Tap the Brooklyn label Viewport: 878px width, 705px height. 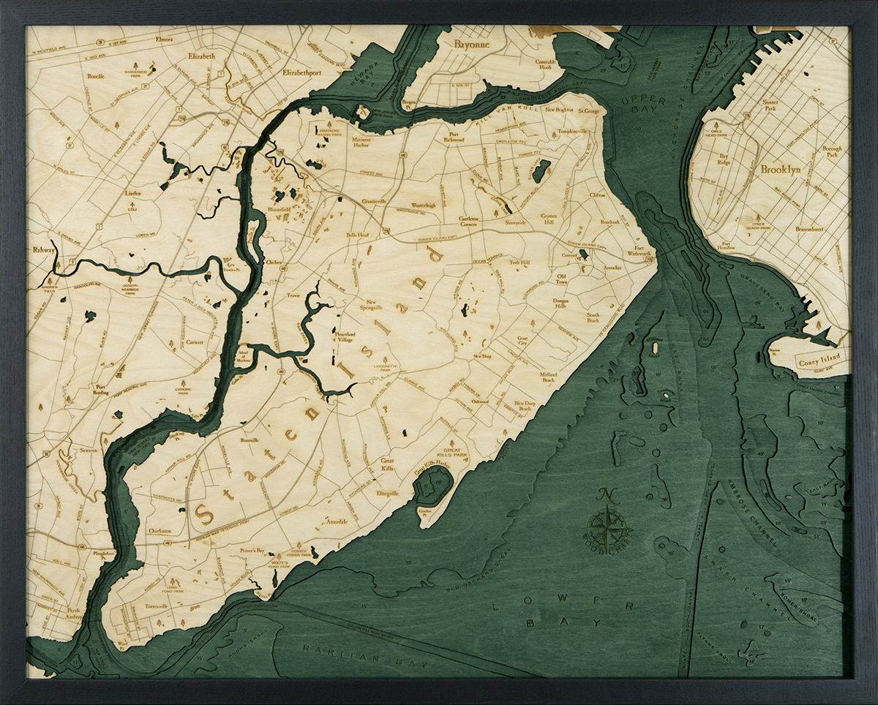tap(781, 169)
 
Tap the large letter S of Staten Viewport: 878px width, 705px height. tap(204, 513)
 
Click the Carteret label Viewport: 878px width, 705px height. tap(195, 342)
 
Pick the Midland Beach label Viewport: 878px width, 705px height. tap(547, 377)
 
